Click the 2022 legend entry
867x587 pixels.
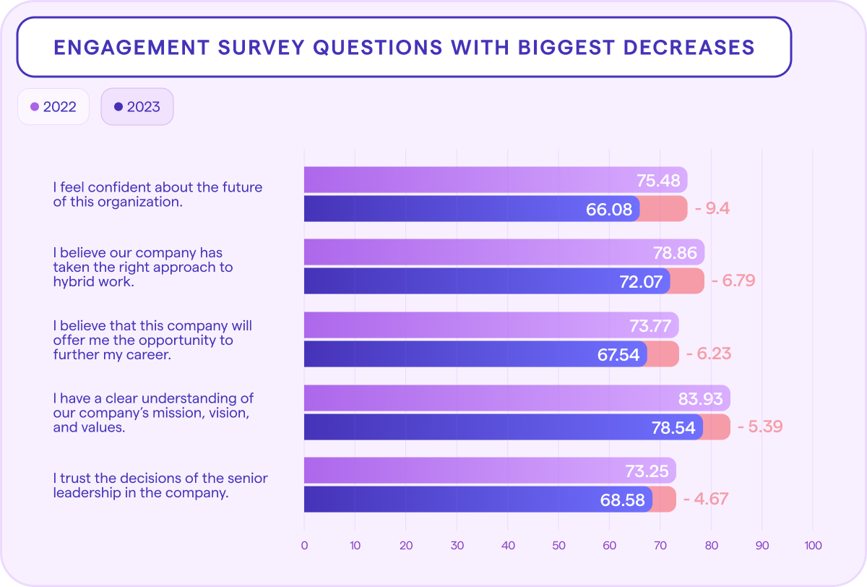(53, 107)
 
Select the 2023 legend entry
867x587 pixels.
(137, 107)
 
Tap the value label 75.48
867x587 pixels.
(658, 180)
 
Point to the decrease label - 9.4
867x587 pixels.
(712, 209)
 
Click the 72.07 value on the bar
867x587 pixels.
(641, 281)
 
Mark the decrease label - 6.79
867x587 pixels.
(733, 280)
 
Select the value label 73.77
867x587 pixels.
(650, 325)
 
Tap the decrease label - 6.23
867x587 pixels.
(708, 354)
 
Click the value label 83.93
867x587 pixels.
(701, 398)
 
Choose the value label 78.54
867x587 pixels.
(673, 427)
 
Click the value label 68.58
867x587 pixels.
(623, 500)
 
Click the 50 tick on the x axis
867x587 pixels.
(558, 545)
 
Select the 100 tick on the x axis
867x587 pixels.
(813, 545)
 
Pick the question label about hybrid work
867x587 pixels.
(143, 267)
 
